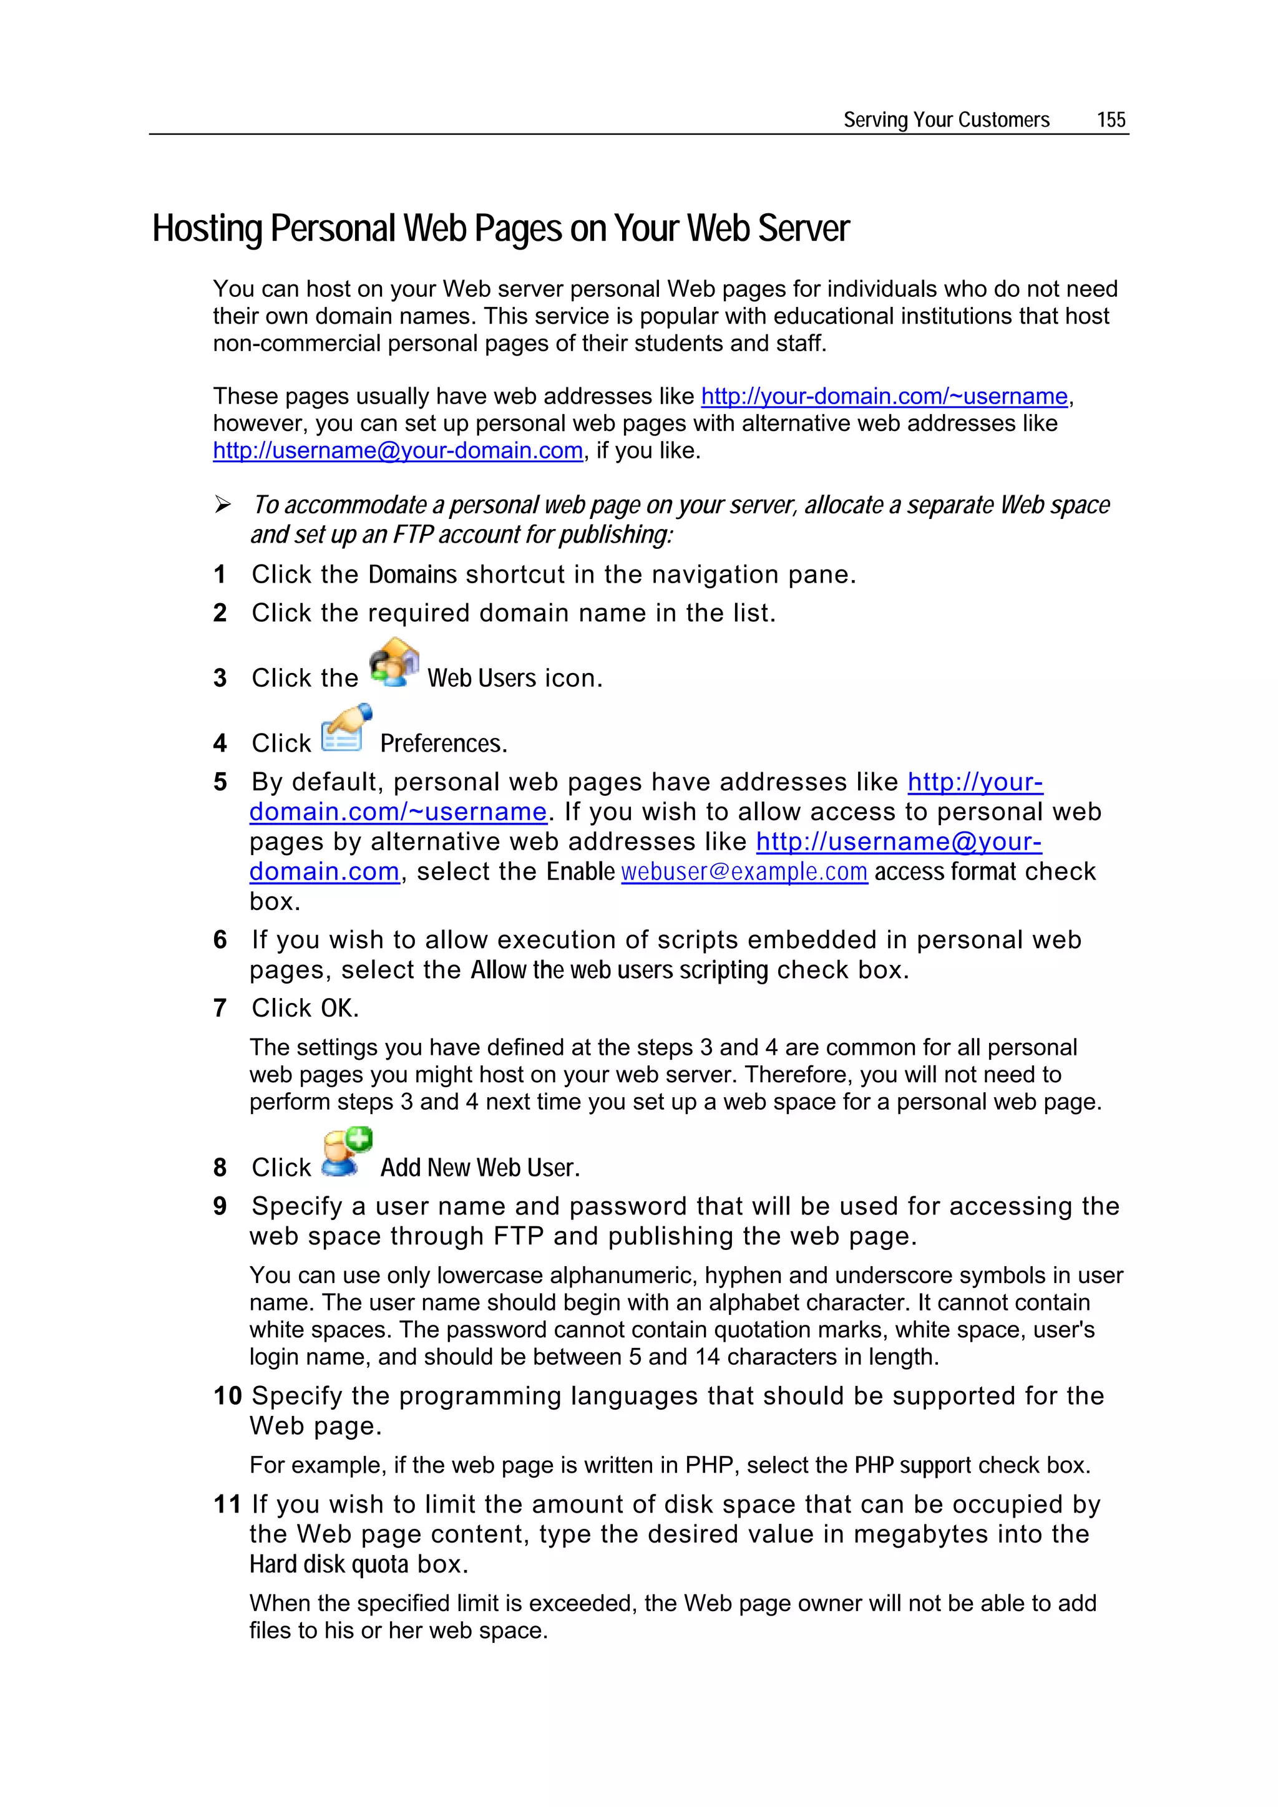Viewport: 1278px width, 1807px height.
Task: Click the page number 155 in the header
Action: click(1110, 120)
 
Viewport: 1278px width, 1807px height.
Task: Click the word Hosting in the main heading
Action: click(207, 229)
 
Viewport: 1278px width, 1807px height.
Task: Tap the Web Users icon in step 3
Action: click(394, 662)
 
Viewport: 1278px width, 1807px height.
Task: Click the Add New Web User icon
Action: click(346, 1153)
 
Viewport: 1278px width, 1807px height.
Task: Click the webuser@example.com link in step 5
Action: click(744, 872)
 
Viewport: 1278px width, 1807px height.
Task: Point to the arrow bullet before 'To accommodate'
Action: click(223, 505)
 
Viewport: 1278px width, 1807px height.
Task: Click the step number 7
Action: click(220, 1008)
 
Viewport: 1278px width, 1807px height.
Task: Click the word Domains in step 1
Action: click(412, 575)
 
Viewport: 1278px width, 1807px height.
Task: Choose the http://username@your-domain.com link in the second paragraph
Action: click(398, 451)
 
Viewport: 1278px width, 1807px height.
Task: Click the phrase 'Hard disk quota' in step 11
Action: click(329, 1564)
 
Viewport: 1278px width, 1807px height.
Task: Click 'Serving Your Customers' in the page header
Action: click(945, 120)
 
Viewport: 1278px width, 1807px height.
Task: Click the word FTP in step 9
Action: click(518, 1236)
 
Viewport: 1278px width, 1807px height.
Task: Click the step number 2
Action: click(220, 613)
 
